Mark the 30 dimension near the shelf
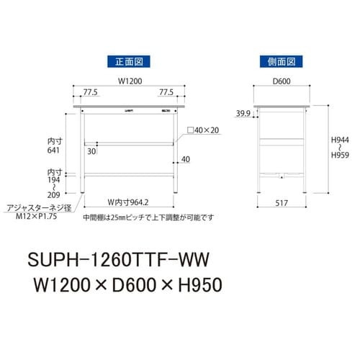coord(92,151)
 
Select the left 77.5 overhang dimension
coord(90,93)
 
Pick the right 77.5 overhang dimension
coord(167,93)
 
